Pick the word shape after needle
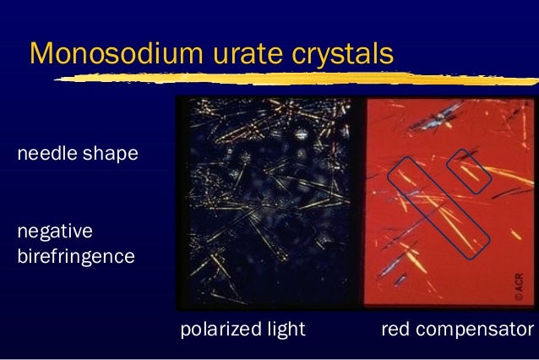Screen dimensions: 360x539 (111, 155)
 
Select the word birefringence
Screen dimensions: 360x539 (75, 255)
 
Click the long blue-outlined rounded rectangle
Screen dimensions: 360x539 (438, 206)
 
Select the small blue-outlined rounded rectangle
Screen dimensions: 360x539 (467, 171)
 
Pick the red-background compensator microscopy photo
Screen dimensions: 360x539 (448, 203)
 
